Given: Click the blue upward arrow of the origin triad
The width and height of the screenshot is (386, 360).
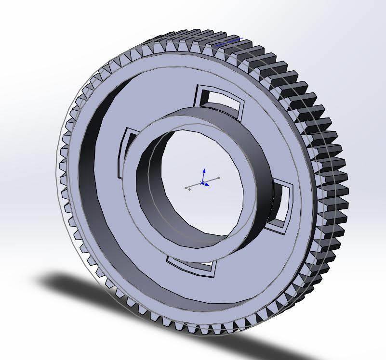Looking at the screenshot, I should coord(204,172).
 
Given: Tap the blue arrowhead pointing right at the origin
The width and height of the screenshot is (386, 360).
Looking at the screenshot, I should coord(207,184).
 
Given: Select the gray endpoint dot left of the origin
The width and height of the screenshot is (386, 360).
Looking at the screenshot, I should coord(186,188).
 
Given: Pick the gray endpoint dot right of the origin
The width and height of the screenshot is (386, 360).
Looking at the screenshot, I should coord(219,178).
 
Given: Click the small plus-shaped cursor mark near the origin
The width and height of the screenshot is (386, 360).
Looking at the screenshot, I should coord(190,190).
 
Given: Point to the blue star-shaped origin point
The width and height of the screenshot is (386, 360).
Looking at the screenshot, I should coord(202,183).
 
